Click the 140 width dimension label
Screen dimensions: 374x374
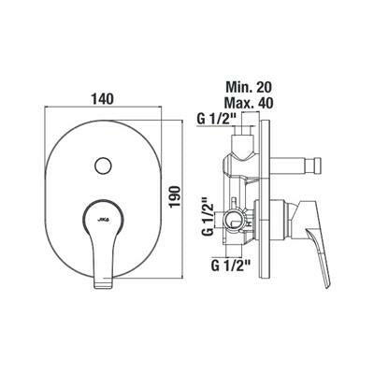[102, 99]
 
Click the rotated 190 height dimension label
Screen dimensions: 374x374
[176, 196]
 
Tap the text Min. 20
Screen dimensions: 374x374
[249, 87]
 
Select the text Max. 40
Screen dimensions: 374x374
[250, 103]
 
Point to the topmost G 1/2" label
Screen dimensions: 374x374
[218, 119]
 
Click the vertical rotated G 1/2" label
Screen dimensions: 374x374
[209, 216]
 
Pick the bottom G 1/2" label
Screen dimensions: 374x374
[231, 266]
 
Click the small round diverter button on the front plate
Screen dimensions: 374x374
[103, 165]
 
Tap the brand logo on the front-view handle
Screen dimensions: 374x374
[103, 220]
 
